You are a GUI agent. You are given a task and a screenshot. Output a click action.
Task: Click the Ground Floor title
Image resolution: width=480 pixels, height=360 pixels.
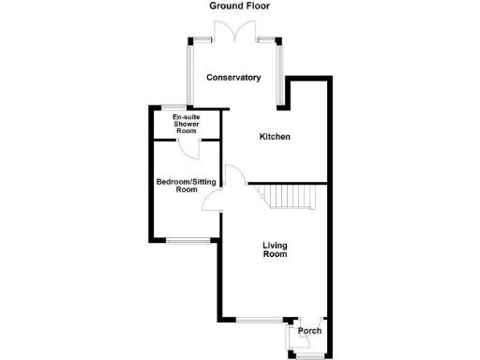click(239, 6)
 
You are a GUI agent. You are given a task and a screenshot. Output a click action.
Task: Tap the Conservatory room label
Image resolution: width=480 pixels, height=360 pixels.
click(233, 77)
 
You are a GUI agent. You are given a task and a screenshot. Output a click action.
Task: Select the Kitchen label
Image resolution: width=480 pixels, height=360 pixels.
click(275, 137)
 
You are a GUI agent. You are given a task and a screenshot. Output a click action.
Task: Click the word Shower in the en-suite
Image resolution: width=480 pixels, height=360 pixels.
click(186, 125)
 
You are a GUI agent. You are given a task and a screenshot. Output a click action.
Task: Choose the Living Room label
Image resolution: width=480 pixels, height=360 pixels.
click(275, 249)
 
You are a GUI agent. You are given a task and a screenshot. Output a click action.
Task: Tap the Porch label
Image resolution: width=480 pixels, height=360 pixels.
click(309, 331)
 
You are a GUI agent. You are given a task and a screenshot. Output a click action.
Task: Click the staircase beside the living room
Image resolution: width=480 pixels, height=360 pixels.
click(292, 198)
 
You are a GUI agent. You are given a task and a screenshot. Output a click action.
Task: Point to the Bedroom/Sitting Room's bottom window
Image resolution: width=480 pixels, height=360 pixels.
click(187, 241)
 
